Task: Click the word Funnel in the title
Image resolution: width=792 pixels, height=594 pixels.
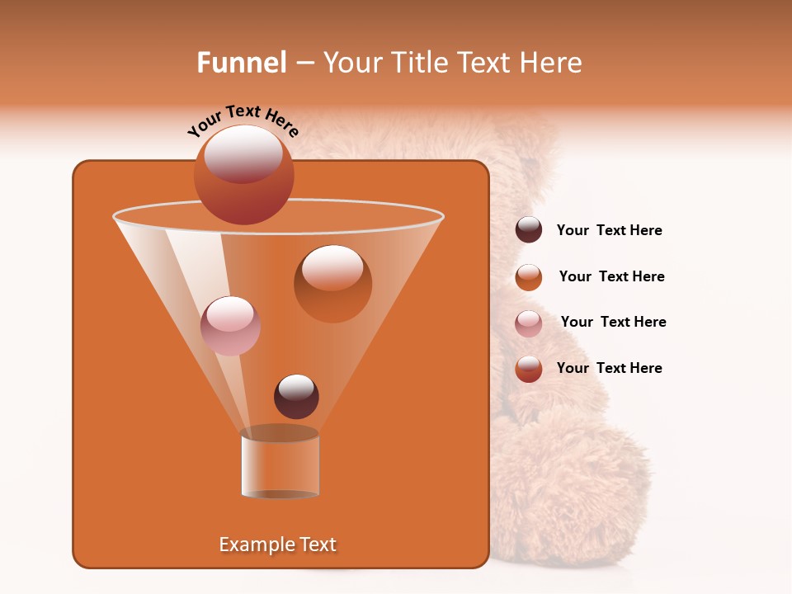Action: tap(241, 63)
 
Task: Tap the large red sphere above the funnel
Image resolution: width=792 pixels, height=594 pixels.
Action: tap(244, 174)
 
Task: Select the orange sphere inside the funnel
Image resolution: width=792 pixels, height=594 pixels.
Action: tap(332, 283)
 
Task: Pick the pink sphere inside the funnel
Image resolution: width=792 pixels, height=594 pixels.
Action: tap(230, 325)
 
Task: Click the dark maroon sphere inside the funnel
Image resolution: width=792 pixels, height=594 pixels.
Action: tap(296, 396)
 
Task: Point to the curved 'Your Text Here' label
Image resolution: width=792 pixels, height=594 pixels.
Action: tap(243, 120)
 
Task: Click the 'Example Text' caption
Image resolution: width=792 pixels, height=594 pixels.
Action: tap(278, 544)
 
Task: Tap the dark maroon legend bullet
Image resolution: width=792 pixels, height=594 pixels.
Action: tap(529, 230)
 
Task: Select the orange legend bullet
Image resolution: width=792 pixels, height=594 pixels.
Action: tap(529, 277)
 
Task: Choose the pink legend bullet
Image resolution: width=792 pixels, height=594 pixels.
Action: tap(529, 323)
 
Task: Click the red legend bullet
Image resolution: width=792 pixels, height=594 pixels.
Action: tap(529, 369)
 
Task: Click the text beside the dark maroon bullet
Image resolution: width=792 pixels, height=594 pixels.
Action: tap(609, 231)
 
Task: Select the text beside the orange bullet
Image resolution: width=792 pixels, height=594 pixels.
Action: tap(611, 277)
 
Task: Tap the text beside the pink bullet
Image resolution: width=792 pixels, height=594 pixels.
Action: tap(613, 323)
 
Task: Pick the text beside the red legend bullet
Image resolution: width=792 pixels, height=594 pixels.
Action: tap(609, 369)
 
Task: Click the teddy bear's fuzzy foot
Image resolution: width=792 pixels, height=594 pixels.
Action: tap(569, 487)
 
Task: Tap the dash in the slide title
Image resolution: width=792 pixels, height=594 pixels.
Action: tap(304, 63)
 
